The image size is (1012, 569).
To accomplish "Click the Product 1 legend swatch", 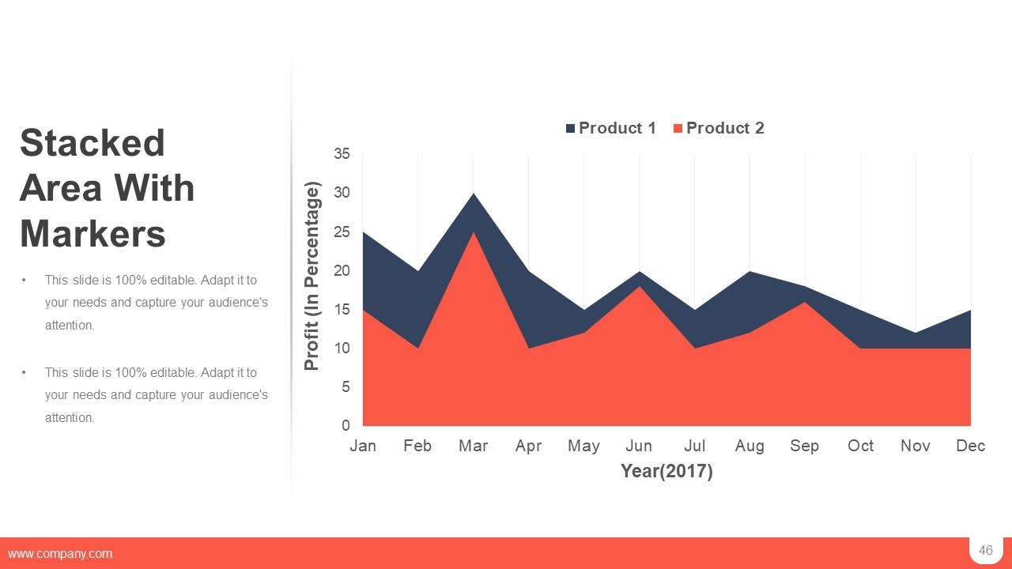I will point(571,129).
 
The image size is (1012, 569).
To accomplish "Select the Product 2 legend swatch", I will point(678,129).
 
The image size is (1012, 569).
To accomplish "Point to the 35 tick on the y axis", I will point(342,154).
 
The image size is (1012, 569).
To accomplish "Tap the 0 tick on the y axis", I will point(346,426).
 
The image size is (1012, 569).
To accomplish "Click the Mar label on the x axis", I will point(473,446).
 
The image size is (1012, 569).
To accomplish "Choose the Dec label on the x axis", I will point(970,446).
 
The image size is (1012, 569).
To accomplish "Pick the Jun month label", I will point(639,446).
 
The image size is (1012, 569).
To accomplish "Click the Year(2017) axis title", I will point(666,471).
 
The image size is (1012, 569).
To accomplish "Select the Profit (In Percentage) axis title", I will point(312,277).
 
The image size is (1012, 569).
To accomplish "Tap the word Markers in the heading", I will point(93,233).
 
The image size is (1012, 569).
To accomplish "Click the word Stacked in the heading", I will point(93,143).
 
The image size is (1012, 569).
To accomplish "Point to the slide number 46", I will point(985,551).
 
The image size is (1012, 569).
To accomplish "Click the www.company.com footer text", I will point(60,554).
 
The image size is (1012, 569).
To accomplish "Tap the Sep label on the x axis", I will point(804,446).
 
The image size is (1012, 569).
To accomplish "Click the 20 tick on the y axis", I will point(342,270).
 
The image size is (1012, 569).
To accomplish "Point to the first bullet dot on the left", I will point(25,280).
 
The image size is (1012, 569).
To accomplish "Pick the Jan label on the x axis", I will point(363,446).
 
